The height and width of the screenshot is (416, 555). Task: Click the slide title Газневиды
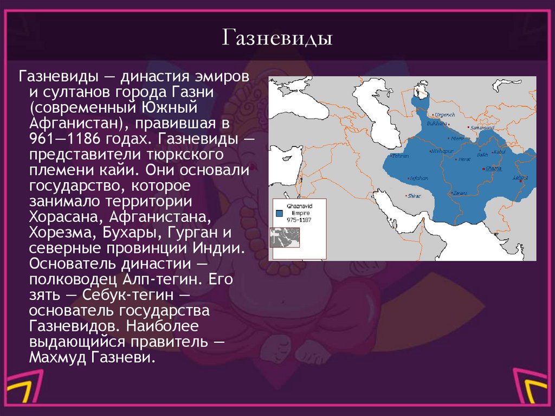click(x=277, y=39)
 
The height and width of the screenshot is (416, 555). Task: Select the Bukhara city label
click(x=437, y=124)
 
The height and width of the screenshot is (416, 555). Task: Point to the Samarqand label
click(x=482, y=128)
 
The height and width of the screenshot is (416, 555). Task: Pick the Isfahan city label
click(x=419, y=178)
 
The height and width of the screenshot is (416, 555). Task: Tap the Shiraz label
click(x=414, y=196)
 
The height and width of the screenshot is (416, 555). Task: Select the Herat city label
click(x=464, y=159)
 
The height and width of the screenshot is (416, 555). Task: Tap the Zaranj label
click(x=460, y=192)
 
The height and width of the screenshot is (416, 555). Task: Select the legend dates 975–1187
click(x=299, y=220)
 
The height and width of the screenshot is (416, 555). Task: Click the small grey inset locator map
click(x=285, y=238)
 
